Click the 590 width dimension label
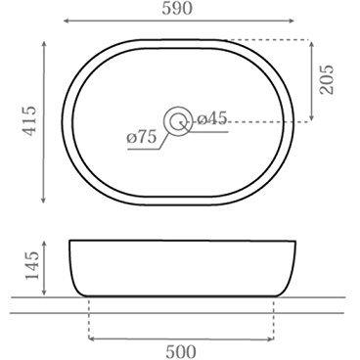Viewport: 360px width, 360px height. click(x=177, y=9)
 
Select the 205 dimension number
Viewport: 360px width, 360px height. click(x=327, y=79)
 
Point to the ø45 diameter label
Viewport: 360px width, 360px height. click(x=212, y=118)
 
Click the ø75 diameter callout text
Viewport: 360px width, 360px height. click(x=142, y=138)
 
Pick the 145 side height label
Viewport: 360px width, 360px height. click(x=32, y=265)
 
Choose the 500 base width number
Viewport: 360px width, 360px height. click(x=181, y=352)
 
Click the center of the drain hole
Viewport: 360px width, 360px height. click(x=178, y=121)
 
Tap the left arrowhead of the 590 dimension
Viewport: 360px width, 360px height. click(x=66, y=21)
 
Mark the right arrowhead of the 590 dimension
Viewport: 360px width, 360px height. click(x=292, y=21)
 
